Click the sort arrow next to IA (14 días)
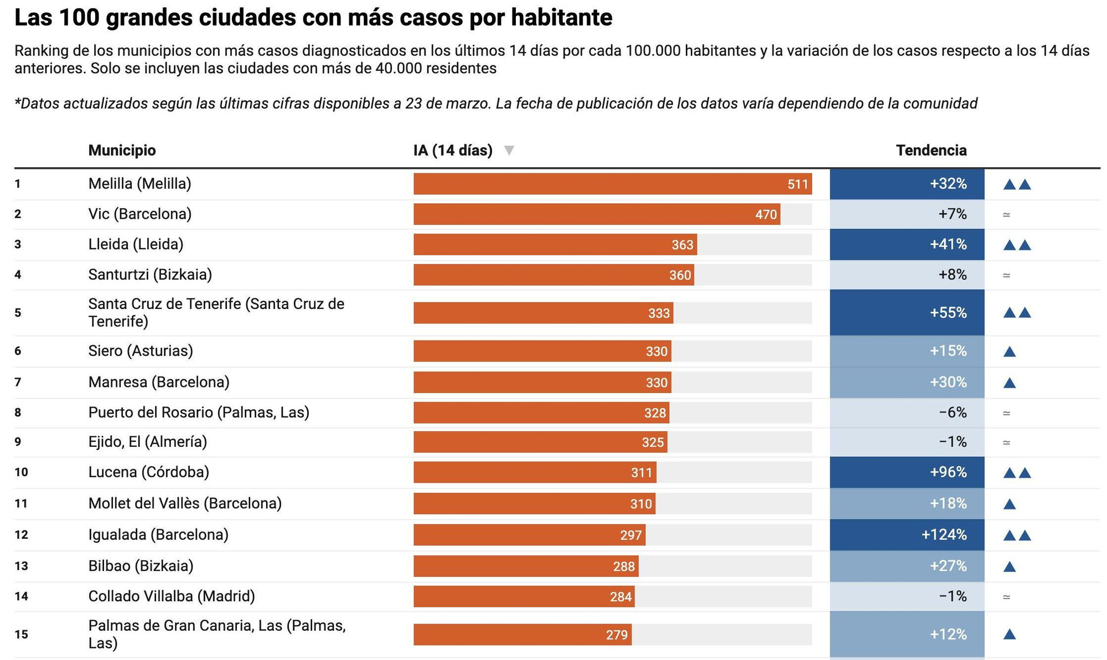[x=509, y=150]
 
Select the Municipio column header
[x=122, y=150]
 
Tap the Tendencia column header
[x=931, y=150]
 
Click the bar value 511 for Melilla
[x=798, y=184]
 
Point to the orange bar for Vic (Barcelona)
[x=596, y=214]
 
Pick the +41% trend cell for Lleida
[x=907, y=244]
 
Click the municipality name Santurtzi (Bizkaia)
[x=150, y=275]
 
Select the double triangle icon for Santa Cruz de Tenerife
[x=1017, y=313]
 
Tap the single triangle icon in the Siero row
[x=1009, y=351]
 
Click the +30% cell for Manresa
[x=907, y=382]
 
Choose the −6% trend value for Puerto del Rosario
[x=952, y=412]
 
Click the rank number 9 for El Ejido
[x=18, y=442]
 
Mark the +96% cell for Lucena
[x=907, y=472]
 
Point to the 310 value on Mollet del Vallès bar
[x=640, y=504]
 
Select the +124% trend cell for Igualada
[x=907, y=535]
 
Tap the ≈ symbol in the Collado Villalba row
[x=1006, y=597]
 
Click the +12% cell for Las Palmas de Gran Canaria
[x=907, y=634]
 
